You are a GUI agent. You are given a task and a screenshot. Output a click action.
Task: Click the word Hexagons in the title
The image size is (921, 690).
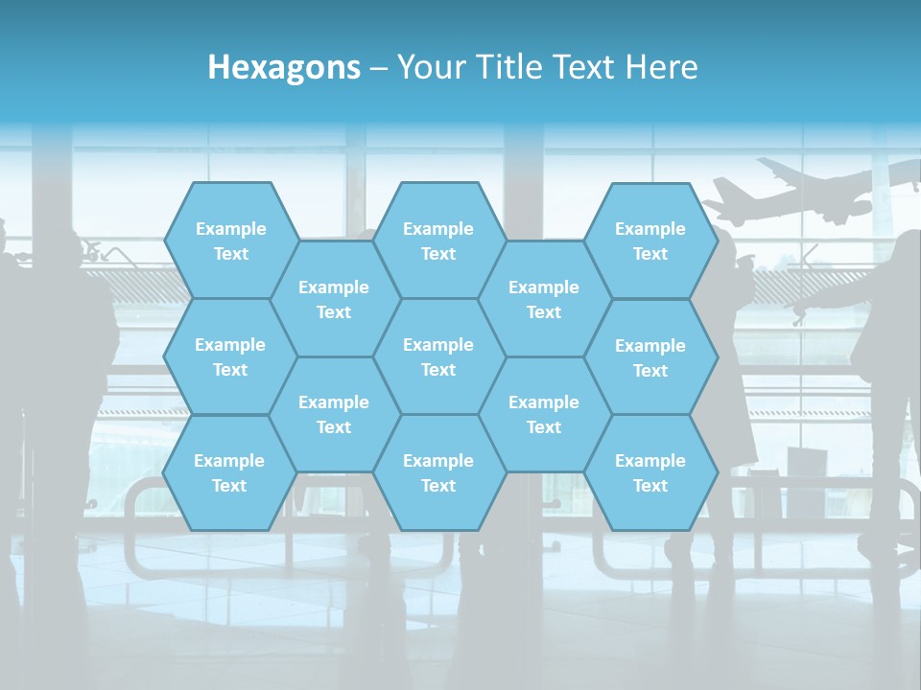click(284, 67)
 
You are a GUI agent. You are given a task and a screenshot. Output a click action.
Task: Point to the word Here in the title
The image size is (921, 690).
click(662, 67)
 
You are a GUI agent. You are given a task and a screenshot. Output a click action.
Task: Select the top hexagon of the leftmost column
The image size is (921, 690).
click(230, 241)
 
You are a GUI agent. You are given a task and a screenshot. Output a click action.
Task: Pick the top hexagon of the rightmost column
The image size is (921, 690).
click(650, 241)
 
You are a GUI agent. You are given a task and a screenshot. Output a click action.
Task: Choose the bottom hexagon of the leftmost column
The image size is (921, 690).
click(229, 472)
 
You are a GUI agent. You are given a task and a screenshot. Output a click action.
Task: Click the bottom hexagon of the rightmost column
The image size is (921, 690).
click(650, 472)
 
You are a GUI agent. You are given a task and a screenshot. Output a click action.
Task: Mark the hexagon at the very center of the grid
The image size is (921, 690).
click(438, 356)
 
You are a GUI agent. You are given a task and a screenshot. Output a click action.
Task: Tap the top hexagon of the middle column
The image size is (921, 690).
click(438, 241)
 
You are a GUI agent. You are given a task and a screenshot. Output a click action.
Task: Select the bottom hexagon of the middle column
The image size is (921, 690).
click(438, 472)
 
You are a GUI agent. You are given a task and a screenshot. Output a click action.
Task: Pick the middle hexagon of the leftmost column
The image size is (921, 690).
click(230, 356)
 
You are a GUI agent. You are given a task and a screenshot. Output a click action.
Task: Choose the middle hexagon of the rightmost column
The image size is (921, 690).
click(650, 357)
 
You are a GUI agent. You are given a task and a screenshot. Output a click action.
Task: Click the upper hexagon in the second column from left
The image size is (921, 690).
click(334, 299)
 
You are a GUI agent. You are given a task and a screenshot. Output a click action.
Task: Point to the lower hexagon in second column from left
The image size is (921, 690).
click(334, 414)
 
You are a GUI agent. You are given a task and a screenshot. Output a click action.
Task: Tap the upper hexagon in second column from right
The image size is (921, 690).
click(544, 299)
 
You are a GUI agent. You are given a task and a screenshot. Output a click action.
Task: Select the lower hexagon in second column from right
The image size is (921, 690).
click(544, 414)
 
